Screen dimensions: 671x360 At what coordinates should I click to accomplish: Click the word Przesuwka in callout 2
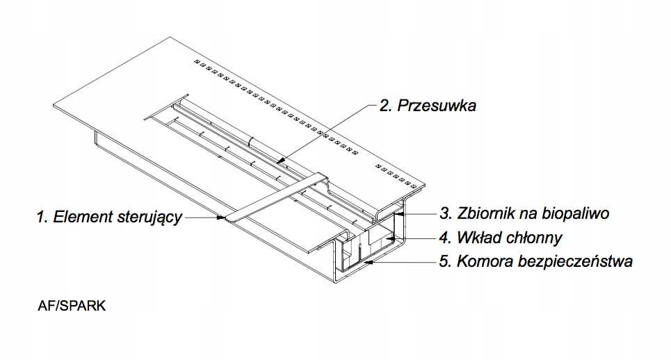click(x=437, y=106)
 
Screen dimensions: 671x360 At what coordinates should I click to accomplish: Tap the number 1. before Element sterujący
click(x=42, y=217)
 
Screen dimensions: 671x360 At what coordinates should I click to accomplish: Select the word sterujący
click(x=149, y=218)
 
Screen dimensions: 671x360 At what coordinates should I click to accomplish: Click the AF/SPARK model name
click(x=72, y=306)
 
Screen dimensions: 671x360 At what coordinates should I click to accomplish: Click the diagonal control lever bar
click(x=277, y=197)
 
